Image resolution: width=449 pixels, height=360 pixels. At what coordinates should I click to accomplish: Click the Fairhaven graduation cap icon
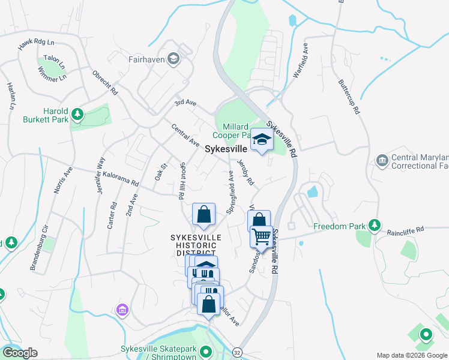click(173, 58)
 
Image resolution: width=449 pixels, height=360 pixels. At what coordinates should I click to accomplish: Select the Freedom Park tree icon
click(375, 226)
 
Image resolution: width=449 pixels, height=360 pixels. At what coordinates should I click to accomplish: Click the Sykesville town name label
click(226, 149)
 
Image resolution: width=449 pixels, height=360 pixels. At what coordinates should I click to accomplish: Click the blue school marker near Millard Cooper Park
click(261, 140)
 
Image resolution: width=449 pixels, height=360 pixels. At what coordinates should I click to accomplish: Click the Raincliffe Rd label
click(405, 229)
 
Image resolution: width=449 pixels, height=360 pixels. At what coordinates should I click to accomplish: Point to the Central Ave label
click(185, 136)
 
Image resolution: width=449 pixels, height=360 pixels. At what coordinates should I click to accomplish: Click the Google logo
click(19, 353)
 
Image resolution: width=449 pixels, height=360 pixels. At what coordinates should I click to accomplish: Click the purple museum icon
click(122, 310)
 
